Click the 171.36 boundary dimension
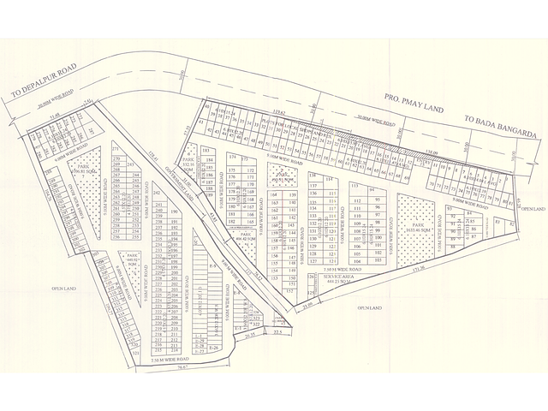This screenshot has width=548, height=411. [x=418, y=270]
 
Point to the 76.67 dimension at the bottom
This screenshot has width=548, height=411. [x=183, y=371]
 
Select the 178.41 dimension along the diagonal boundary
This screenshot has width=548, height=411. [x=154, y=154]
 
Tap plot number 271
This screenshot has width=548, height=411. [x=116, y=147]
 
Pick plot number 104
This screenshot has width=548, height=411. [x=355, y=260]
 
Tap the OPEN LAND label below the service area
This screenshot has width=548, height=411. [x=368, y=306]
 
